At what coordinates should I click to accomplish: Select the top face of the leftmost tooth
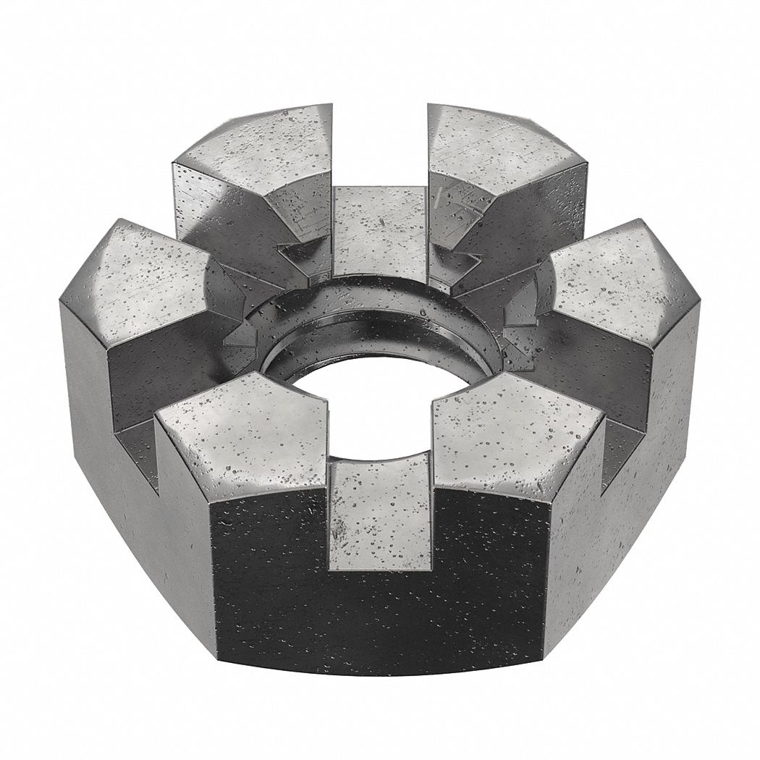[145, 279]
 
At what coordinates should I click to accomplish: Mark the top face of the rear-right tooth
[499, 148]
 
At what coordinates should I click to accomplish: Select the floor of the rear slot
[380, 224]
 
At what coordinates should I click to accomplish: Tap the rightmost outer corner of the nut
[699, 304]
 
